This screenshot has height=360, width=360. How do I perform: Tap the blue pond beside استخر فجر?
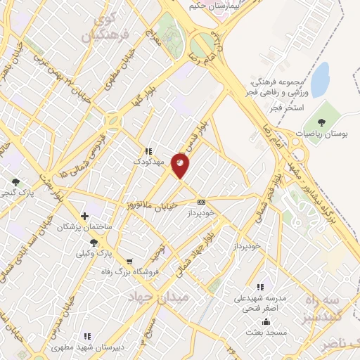point(320,79)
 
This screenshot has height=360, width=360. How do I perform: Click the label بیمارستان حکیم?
point(214,6)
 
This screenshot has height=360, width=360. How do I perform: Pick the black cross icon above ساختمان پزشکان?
point(84,216)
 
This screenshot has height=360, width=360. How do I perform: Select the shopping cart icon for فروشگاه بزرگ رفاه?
point(129,262)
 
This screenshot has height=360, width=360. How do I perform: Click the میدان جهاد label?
point(158,297)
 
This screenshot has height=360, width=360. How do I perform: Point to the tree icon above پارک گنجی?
point(15,182)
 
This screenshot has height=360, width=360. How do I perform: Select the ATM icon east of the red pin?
point(202,201)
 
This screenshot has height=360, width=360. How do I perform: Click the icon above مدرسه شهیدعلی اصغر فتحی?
point(261,287)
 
